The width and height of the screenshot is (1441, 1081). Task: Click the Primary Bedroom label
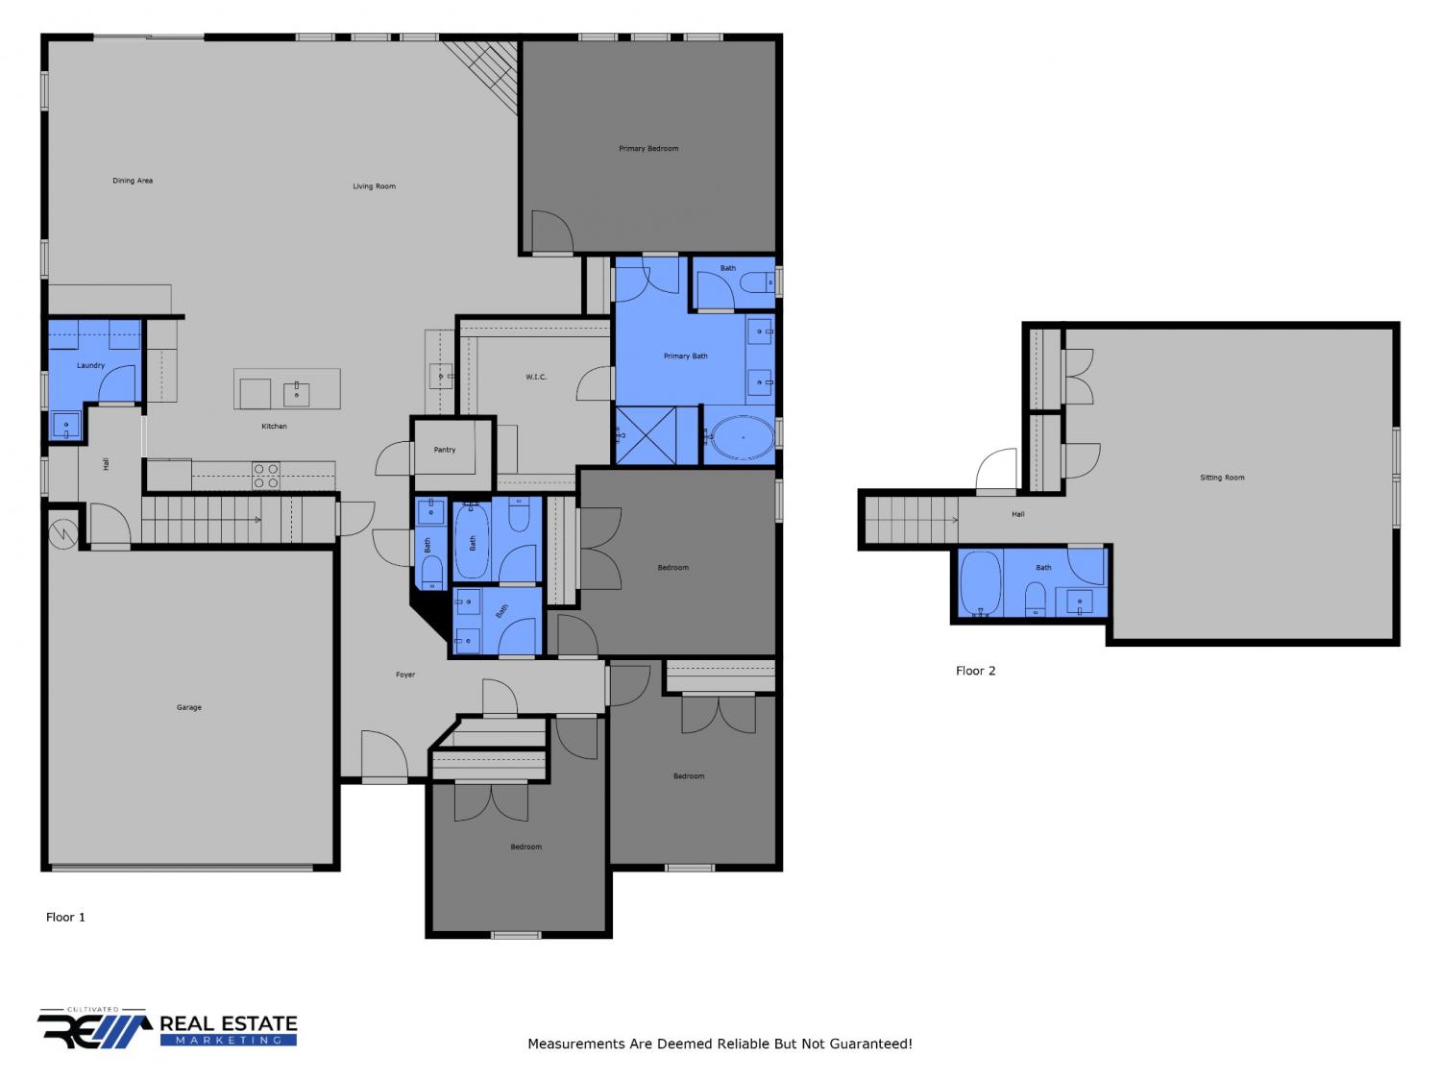(647, 148)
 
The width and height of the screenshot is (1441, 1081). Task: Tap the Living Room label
(374, 186)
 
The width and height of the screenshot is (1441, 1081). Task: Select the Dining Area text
(133, 181)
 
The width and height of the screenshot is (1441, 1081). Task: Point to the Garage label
(188, 707)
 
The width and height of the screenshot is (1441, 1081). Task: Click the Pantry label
(445, 450)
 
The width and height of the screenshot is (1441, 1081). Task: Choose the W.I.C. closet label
(536, 377)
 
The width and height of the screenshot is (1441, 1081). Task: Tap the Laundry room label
(90, 365)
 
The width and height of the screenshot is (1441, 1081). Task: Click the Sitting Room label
(1222, 478)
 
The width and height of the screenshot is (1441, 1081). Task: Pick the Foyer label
(405, 675)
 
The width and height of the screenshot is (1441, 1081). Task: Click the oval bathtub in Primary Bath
(743, 436)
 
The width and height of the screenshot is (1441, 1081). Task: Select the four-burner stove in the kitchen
(266, 476)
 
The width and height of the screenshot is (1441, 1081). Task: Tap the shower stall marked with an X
(646, 435)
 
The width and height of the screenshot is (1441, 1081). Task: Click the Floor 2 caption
(975, 670)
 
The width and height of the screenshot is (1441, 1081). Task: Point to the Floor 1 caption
(65, 917)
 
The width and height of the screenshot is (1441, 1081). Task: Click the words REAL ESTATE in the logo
(229, 1023)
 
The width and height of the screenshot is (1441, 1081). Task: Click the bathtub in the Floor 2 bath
(980, 583)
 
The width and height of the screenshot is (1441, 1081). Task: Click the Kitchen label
(274, 426)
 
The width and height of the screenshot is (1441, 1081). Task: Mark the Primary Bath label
(685, 356)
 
